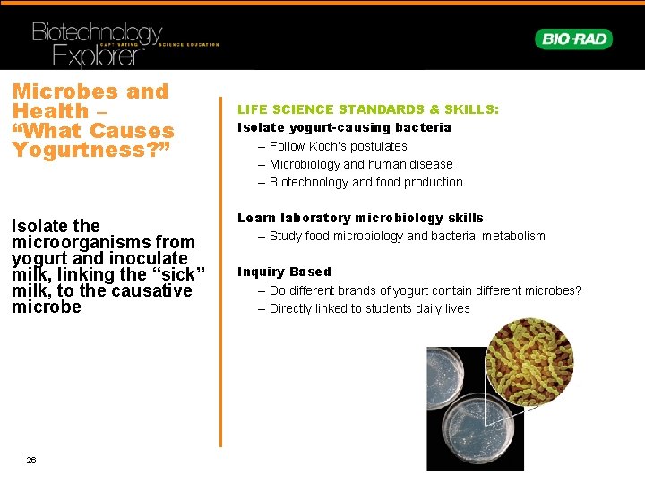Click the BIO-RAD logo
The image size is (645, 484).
pyautogui.click(x=573, y=39)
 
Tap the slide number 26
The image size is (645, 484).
pyautogui.click(x=31, y=460)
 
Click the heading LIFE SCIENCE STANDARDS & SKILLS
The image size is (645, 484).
pyautogui.click(x=367, y=109)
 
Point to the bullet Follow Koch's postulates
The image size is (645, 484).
pyautogui.click(x=338, y=146)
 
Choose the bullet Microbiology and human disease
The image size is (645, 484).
pyautogui.click(x=361, y=164)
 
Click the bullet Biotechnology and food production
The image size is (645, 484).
pyautogui.click(x=365, y=182)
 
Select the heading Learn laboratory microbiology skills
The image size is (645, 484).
pyautogui.click(x=360, y=218)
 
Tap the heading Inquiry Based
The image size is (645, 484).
pyautogui.click(x=284, y=272)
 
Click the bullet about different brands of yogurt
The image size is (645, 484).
pyautogui.click(x=425, y=290)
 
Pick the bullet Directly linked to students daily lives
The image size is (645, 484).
pyautogui.click(x=369, y=308)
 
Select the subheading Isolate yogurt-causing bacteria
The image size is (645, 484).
pyautogui.click(x=344, y=127)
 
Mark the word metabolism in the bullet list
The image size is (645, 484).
pyautogui.click(x=512, y=236)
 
